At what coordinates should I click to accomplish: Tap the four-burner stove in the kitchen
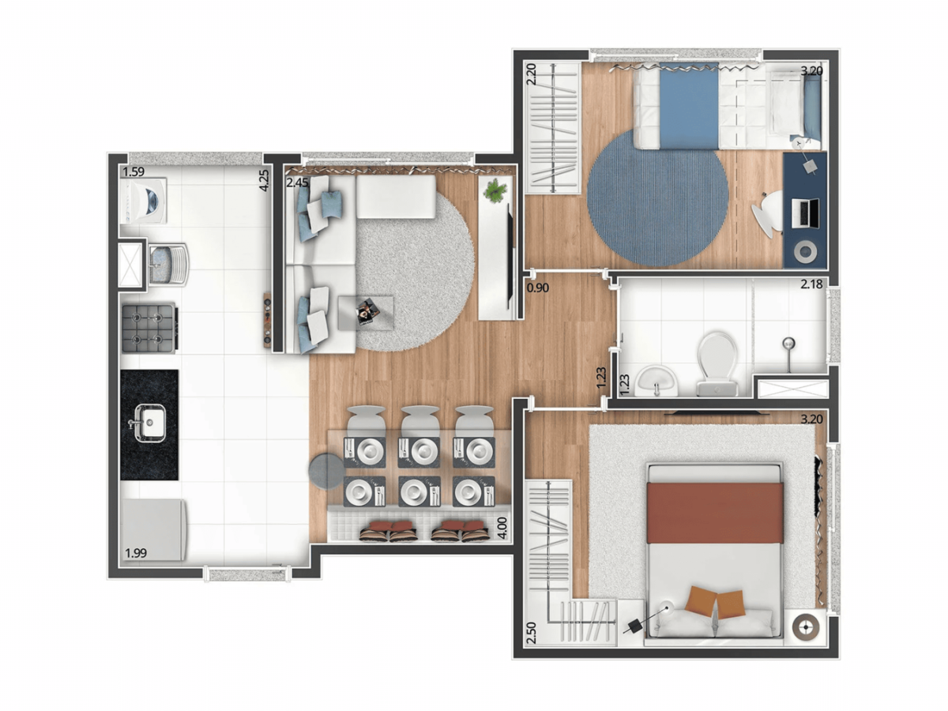tap(149, 328)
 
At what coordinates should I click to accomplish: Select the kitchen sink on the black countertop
tap(149, 422)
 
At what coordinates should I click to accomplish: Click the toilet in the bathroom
tap(717, 359)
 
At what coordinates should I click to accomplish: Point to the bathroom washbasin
tap(656, 381)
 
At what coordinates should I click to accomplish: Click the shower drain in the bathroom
tap(788, 344)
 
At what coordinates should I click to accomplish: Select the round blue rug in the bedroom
tap(657, 197)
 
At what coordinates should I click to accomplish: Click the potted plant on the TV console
tap(495, 190)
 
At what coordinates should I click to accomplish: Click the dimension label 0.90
tap(537, 288)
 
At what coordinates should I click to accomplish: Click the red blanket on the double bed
tap(715, 513)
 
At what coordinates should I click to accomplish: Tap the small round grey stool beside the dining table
tap(326, 471)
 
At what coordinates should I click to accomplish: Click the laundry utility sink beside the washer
tap(167, 263)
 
